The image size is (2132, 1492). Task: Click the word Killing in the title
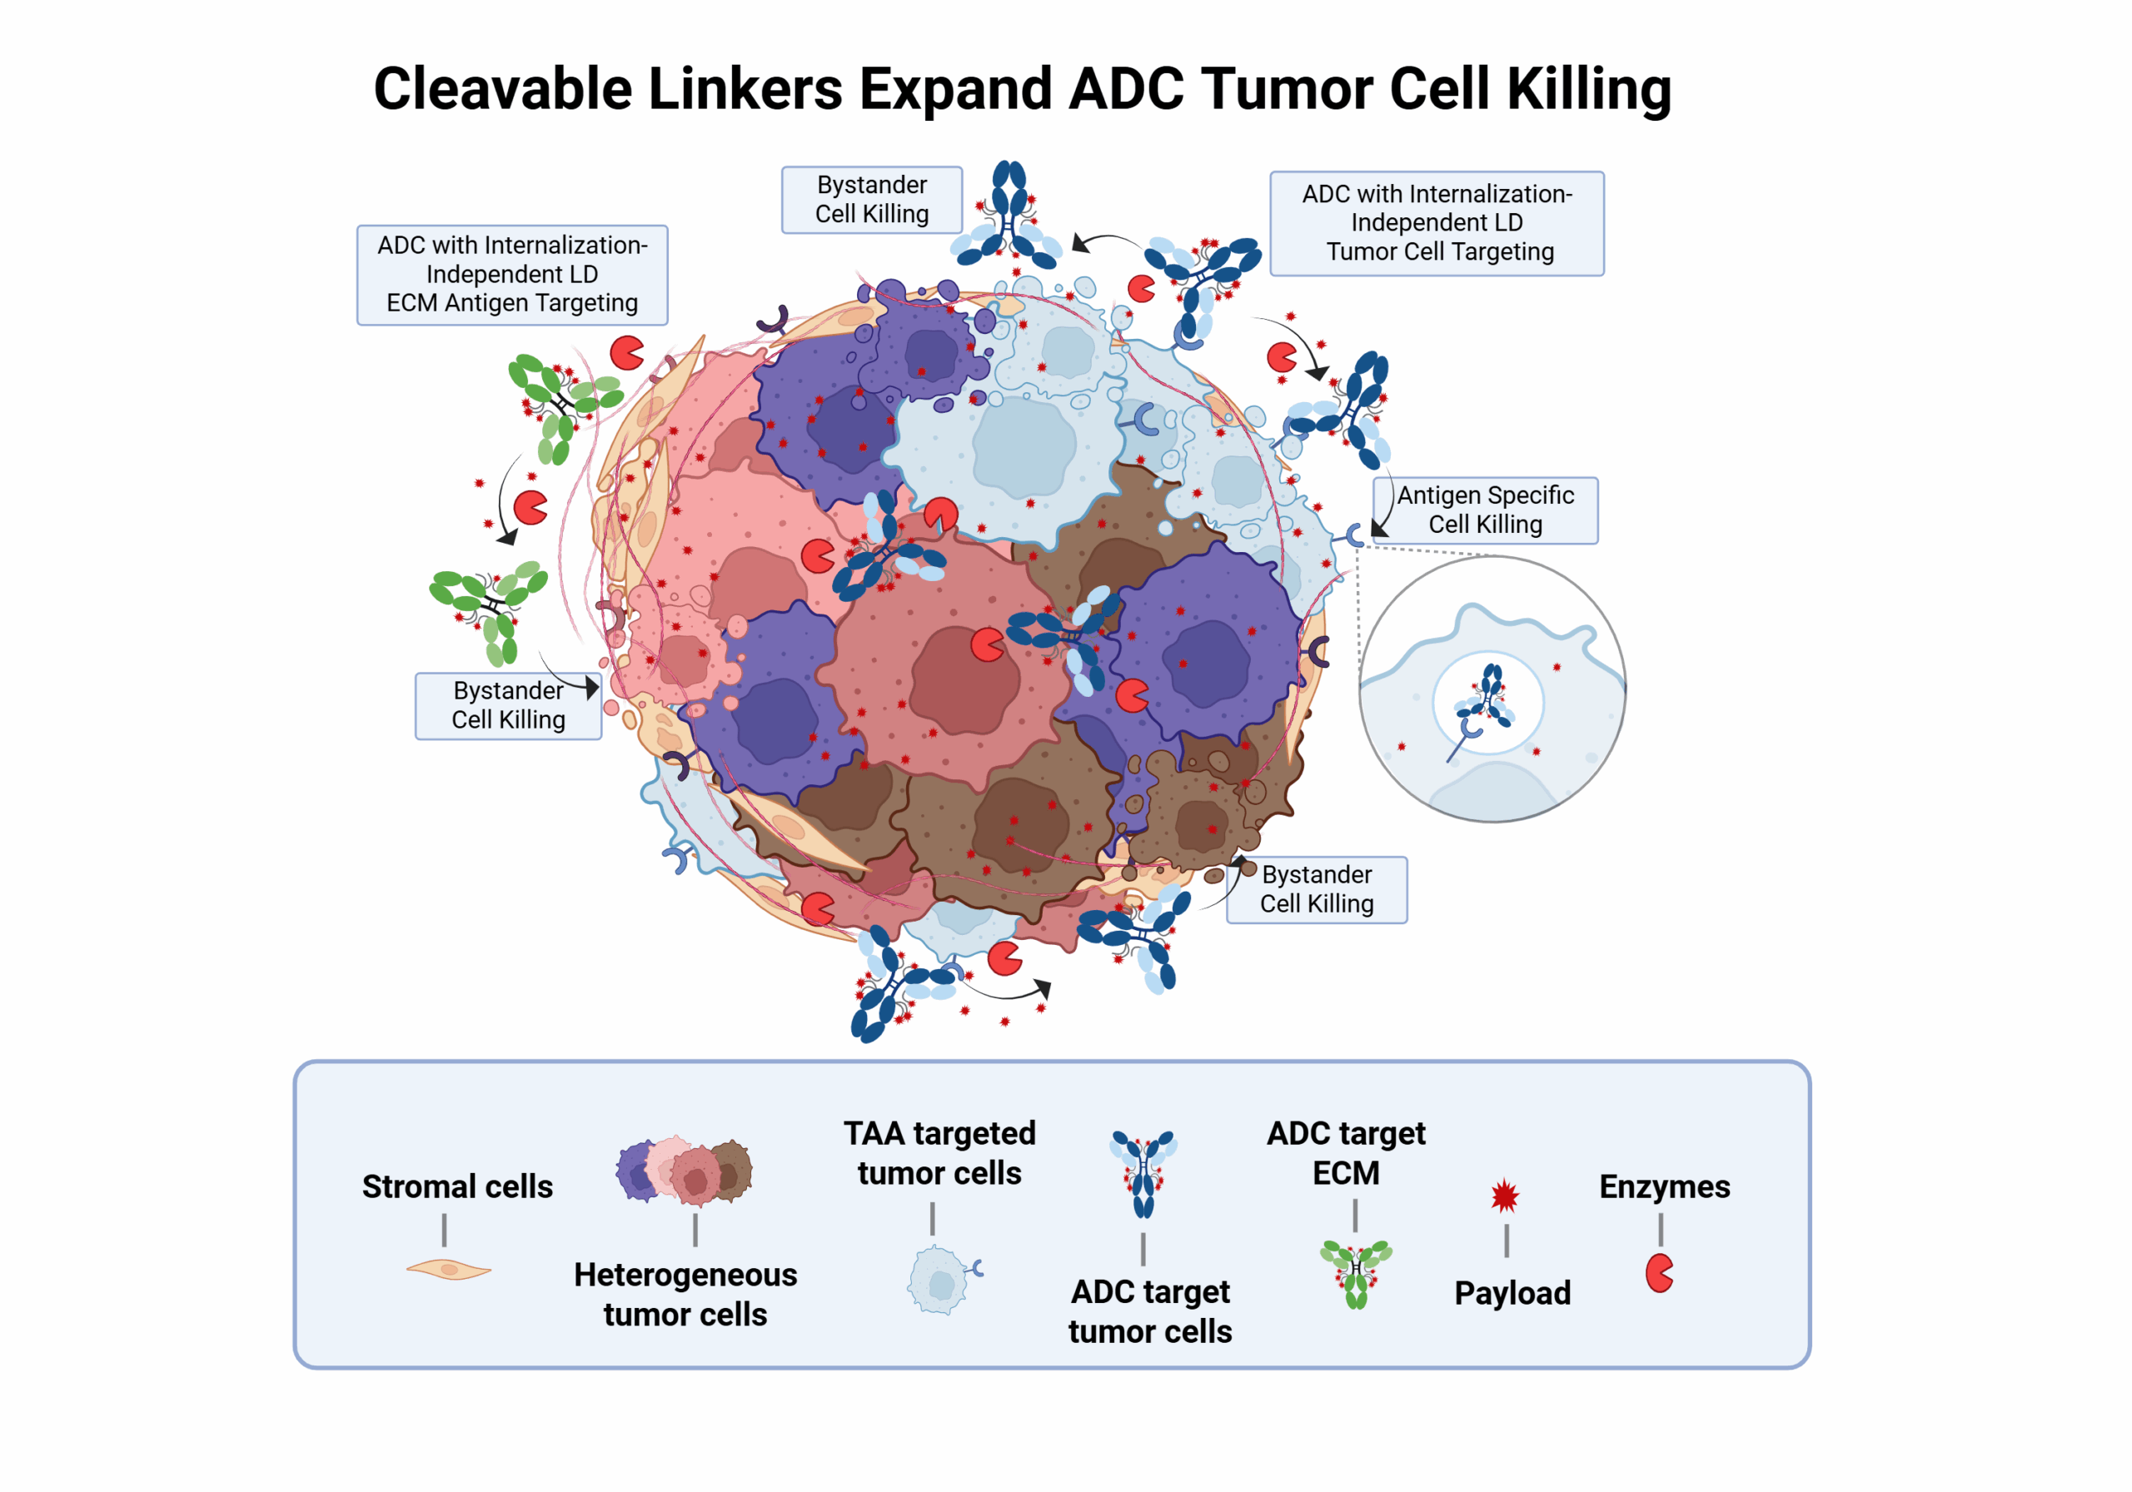coord(1588,89)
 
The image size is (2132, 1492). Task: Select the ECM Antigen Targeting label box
coord(511,275)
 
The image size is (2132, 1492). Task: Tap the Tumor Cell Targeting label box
coord(1436,223)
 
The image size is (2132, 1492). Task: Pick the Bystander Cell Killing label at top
coord(871,200)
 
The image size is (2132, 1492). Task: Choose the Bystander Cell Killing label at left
coord(507,705)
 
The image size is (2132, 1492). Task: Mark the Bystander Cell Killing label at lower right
coord(1316,889)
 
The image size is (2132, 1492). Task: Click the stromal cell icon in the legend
coord(449,1268)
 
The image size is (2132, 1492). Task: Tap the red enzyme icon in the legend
coord(1658,1273)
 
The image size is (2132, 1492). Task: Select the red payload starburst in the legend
coord(1504,1196)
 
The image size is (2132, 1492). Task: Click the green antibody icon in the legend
coord(1356,1273)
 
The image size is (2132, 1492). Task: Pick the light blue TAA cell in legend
coord(939,1281)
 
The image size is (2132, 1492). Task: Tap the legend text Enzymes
coord(1664,1186)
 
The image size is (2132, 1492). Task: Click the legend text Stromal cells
coord(457,1186)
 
